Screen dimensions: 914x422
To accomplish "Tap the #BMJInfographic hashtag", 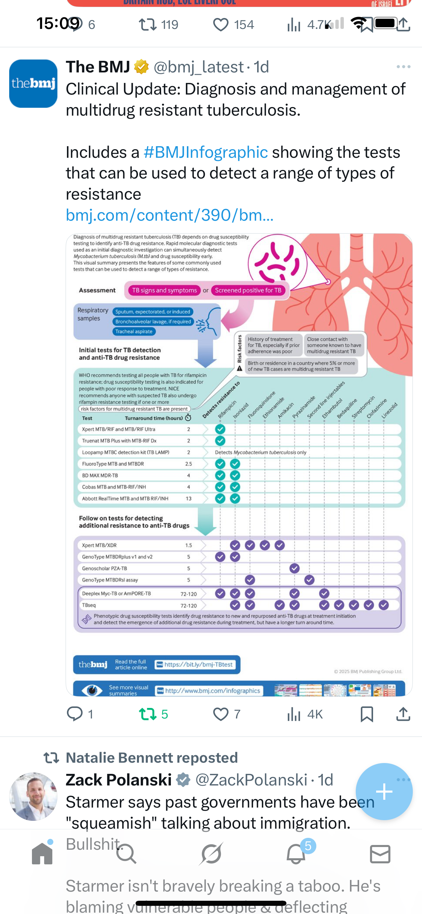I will tap(205, 152).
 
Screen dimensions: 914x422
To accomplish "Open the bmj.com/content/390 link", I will tap(170, 215).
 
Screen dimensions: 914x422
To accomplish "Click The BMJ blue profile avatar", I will tap(33, 84).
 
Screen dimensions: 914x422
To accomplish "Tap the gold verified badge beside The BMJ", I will tap(141, 67).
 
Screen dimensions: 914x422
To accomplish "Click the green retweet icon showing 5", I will tap(148, 714).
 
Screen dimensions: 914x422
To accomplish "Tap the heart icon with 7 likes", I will tap(221, 714).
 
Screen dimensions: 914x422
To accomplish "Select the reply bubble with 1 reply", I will tap(74, 714).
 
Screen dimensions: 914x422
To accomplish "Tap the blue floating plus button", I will tap(384, 791).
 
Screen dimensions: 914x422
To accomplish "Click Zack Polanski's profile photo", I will tap(33, 797).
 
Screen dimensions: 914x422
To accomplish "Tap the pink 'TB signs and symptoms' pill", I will tap(164, 290).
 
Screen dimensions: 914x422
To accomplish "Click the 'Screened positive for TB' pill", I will tap(248, 290).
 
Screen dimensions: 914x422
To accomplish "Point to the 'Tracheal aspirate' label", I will tap(134, 332).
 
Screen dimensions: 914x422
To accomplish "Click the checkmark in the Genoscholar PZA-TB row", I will tap(294, 569).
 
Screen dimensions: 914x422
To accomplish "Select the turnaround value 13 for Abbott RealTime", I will tap(189, 498).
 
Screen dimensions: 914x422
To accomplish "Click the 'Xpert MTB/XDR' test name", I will tap(99, 545).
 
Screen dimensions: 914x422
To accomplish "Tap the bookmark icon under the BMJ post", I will tap(367, 714).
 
